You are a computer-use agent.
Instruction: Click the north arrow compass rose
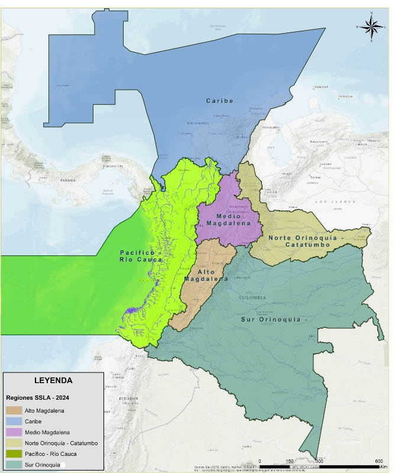pos(371,26)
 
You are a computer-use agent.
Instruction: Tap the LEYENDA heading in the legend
pos(53,380)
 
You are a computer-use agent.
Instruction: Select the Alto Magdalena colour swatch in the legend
pos(14,410)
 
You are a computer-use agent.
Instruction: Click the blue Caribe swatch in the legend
pos(14,421)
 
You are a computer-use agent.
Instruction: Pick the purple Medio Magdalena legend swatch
pos(14,432)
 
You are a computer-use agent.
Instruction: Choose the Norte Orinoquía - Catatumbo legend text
pos(61,443)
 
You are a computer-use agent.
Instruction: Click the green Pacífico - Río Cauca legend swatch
pos(14,454)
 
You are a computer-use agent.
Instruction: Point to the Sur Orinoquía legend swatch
pos(14,465)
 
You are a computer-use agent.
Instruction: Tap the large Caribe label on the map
pos(219,101)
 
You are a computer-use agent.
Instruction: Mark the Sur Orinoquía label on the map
pos(275,319)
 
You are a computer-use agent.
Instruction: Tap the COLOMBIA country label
pos(252,297)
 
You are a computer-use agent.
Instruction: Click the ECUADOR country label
pos(129,399)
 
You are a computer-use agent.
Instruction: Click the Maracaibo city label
pos(270,127)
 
